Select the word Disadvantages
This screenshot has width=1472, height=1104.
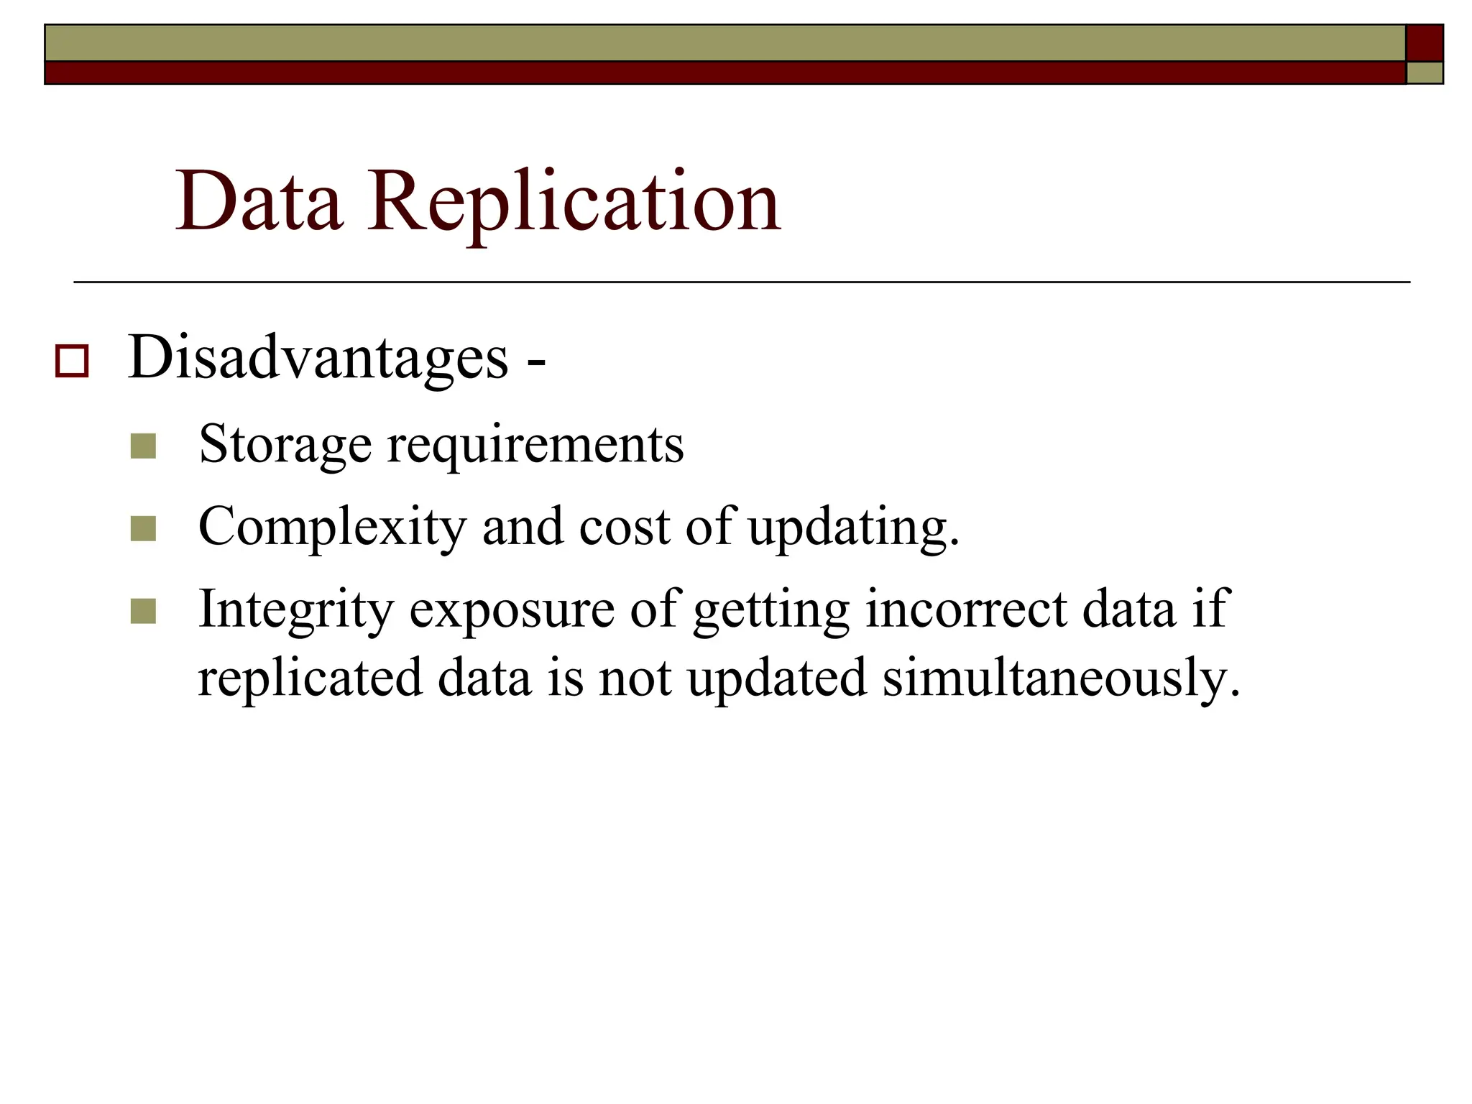318,357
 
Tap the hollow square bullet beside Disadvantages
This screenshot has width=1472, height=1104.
72,361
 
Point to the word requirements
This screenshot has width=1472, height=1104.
535,444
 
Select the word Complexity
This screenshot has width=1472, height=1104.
332,527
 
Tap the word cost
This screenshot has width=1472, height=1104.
624,527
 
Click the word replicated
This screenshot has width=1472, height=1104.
310,678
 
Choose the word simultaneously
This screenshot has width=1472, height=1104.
1061,678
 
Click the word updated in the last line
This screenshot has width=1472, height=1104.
777,678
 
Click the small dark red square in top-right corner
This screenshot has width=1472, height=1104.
1424,43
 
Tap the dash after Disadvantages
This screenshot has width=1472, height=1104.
536,361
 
